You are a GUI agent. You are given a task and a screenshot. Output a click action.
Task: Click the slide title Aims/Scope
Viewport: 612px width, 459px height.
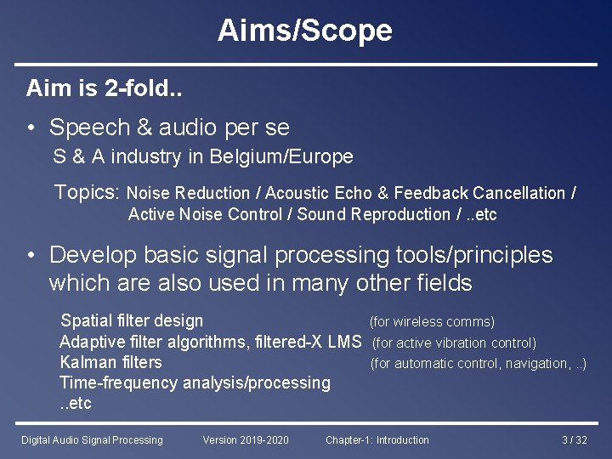tap(305, 31)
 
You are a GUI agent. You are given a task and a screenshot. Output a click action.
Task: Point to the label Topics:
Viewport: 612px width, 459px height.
tap(88, 192)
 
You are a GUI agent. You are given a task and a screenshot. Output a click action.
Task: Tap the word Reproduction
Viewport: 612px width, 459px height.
tap(403, 215)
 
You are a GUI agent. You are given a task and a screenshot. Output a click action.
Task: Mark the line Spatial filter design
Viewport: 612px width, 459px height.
tap(132, 321)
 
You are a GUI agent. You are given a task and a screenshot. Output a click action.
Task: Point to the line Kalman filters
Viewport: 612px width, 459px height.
tap(110, 363)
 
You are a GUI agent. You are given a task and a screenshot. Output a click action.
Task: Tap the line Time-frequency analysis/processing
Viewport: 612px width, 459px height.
tap(195, 383)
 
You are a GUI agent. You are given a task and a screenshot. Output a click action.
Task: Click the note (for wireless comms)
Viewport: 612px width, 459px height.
tap(431, 322)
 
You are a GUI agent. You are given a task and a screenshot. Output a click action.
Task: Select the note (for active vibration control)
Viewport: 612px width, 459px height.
tap(454, 343)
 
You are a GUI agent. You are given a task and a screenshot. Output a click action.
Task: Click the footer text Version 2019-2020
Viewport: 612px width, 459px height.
tap(245, 440)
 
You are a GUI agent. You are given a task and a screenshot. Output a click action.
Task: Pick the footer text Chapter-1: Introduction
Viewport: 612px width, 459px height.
tap(377, 440)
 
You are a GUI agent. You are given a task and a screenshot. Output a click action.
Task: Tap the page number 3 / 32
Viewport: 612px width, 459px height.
tap(575, 440)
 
